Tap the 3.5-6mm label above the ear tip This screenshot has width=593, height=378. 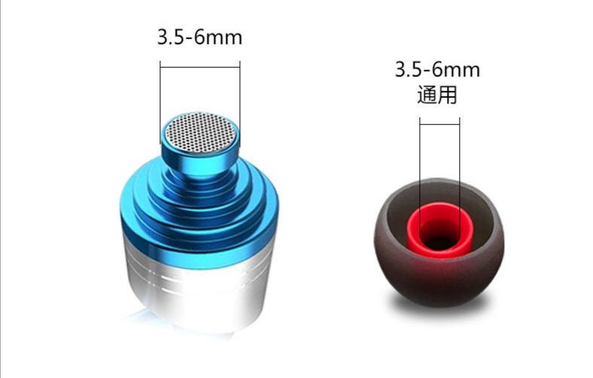pyautogui.click(x=437, y=71)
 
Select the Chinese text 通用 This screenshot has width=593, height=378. pyautogui.click(x=437, y=95)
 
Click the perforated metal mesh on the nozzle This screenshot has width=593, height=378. pyautogui.click(x=200, y=132)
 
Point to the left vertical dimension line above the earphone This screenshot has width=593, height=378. pyautogui.click(x=160, y=98)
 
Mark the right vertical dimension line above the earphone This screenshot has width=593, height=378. pyautogui.click(x=240, y=98)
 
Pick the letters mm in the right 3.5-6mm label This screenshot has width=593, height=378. pyautogui.click(x=465, y=71)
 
